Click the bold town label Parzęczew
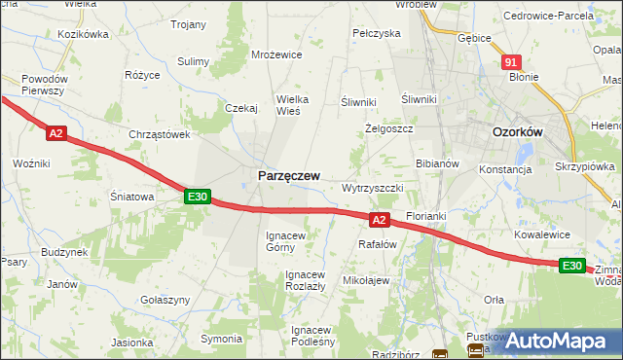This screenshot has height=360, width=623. (288, 175)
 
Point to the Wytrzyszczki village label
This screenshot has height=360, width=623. (380, 187)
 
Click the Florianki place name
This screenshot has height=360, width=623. (425, 213)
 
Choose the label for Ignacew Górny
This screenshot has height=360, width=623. (286, 241)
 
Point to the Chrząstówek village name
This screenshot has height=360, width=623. (159, 135)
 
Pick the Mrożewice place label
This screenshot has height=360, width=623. (275, 55)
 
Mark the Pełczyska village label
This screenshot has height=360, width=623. (377, 33)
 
